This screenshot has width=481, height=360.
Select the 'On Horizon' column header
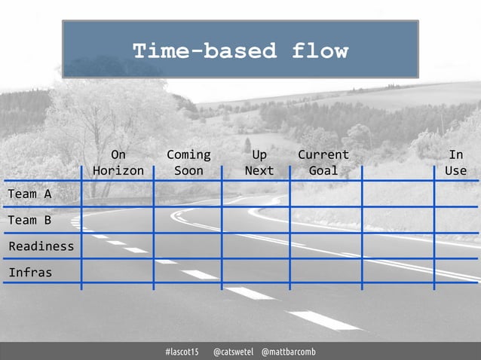118,163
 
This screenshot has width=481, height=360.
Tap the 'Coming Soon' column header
188,163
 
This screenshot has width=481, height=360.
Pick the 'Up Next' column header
259,163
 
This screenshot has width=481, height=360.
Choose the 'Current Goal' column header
323,163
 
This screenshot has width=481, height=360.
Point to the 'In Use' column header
455,163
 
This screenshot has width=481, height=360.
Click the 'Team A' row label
30,194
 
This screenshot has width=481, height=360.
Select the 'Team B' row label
30,221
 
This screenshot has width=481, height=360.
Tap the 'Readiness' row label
41,246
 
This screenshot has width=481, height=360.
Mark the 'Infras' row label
30,272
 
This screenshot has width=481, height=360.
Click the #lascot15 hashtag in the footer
182,352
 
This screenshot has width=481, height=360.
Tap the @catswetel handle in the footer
232,352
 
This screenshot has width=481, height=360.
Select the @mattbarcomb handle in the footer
288,352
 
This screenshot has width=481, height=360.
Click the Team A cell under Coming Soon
188,194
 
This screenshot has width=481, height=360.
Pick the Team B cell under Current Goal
326,220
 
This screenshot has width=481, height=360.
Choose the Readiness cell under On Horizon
118,246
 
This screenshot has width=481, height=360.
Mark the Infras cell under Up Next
256,271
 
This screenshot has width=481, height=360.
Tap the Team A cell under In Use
457,194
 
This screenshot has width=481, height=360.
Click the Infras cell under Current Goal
326,271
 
